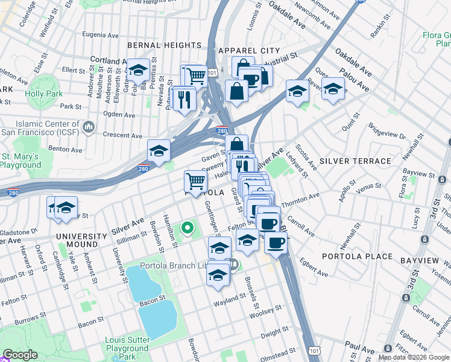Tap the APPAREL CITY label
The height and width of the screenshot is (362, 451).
point(249,50)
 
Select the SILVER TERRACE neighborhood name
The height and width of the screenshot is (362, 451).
point(355,161)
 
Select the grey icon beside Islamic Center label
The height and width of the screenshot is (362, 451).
point(89,127)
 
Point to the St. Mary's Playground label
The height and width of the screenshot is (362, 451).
point(20,160)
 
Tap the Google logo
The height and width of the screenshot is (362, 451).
point(20,355)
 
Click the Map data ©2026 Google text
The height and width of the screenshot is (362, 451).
point(414,357)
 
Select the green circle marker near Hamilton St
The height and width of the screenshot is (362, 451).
point(188,228)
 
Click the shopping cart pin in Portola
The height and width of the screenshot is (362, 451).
point(195,180)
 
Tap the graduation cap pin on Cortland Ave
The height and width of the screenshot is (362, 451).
point(138,70)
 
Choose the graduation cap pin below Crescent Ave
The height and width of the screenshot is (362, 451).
point(159,151)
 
